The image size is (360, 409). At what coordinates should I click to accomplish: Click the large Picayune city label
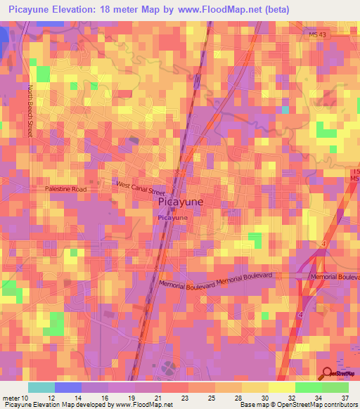(181, 202)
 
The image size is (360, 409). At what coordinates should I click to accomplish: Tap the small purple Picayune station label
(172, 219)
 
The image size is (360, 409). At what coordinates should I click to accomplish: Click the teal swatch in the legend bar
(41, 387)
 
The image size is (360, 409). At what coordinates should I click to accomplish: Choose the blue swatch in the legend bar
(68, 387)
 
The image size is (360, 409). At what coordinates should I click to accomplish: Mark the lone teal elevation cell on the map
(285, 110)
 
